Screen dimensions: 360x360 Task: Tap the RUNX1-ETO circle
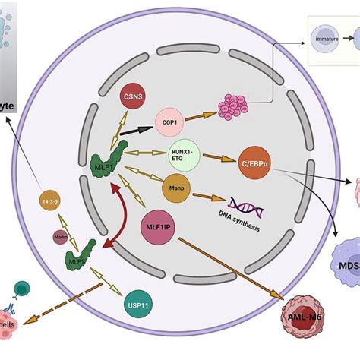(185, 154)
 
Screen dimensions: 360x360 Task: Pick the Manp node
(176, 186)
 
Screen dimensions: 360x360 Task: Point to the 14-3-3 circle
(50, 201)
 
